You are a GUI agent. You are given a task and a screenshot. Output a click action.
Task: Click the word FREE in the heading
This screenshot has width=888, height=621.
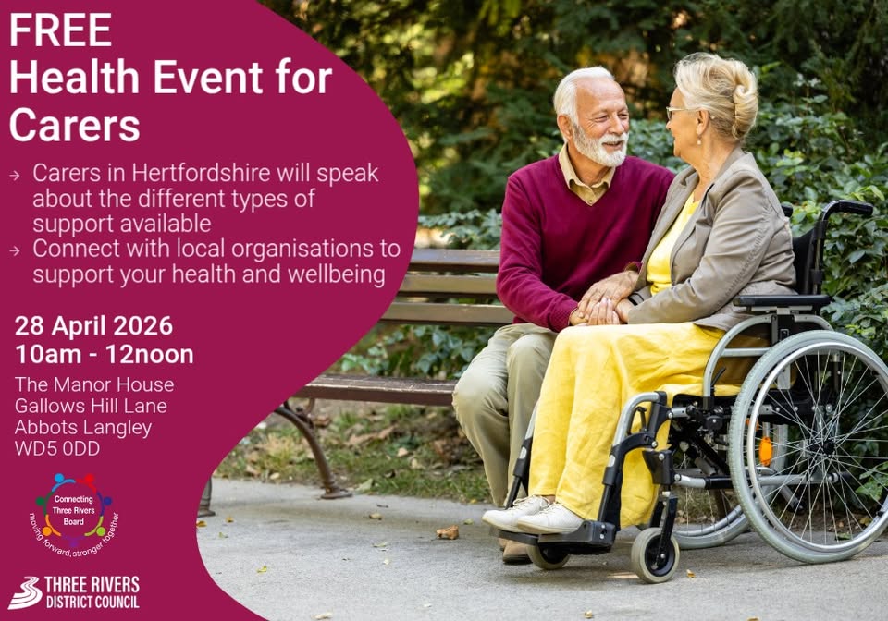point(60,30)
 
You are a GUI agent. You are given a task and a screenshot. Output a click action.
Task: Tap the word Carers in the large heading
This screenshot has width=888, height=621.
point(74,124)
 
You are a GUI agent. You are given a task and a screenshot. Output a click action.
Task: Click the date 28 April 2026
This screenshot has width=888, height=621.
point(93,326)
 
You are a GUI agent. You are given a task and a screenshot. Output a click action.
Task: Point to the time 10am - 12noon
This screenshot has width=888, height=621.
point(105,355)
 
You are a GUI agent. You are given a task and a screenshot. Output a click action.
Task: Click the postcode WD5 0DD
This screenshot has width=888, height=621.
point(57,448)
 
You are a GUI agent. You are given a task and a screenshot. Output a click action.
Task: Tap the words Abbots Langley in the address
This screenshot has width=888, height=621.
point(83,428)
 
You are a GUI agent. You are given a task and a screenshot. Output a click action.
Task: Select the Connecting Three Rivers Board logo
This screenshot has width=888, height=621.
point(74,515)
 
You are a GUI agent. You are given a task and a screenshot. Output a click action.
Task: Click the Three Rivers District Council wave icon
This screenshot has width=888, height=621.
point(25,592)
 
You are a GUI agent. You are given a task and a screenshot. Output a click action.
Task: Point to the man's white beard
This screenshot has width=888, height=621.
point(601,147)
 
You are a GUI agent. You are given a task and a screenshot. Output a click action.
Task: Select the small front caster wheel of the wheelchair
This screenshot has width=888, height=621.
point(655,554)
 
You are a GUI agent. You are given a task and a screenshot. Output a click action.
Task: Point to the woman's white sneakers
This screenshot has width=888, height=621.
point(533,514)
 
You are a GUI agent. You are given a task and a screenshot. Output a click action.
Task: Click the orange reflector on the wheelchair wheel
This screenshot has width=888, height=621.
point(765,451)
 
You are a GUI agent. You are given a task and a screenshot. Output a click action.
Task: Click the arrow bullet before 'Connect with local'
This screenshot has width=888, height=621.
point(15,250)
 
